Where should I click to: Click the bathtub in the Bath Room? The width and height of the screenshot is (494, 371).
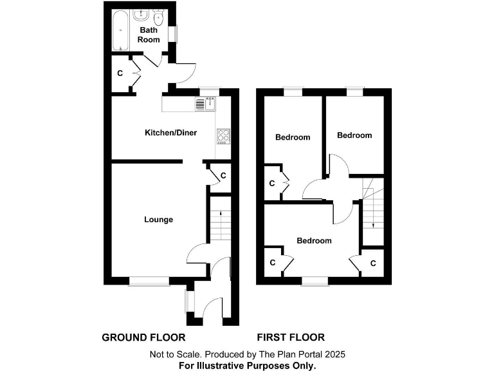tap(120, 30)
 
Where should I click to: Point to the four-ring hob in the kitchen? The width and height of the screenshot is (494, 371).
tap(222, 136)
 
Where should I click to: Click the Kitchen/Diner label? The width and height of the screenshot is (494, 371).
tap(170, 133)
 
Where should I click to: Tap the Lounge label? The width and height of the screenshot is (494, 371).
tap(158, 220)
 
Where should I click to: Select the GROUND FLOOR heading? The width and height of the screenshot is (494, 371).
tap(144, 337)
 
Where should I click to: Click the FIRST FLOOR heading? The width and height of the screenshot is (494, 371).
tap(291, 337)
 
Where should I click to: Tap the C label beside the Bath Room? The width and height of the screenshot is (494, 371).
tap(120, 73)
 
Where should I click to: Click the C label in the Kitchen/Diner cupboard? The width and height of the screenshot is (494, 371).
tap(223, 175)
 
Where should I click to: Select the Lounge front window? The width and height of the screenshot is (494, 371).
tap(149, 280)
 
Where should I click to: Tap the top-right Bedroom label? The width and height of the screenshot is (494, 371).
tap(354, 135)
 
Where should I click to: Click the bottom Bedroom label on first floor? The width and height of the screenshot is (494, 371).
tap(314, 241)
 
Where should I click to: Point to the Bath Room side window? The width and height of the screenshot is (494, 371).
tap(172, 33)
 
